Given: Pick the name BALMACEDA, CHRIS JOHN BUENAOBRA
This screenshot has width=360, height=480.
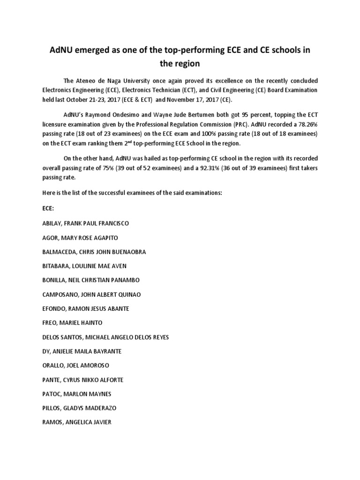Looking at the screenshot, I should tap(94, 252).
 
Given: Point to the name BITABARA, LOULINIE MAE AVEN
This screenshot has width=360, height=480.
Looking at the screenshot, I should tap(84, 266).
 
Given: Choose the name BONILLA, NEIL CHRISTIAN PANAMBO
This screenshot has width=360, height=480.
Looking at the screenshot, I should tap(90, 280).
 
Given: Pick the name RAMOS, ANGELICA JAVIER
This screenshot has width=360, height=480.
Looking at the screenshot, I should tap(77, 422).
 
